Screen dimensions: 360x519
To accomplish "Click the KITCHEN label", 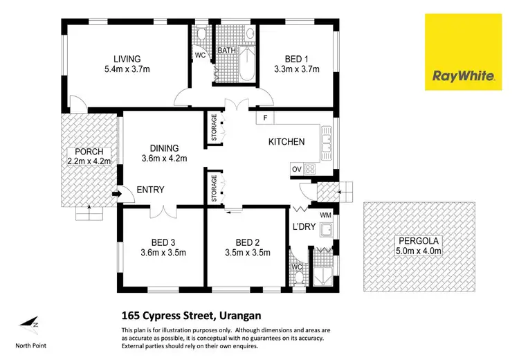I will (x=286, y=142).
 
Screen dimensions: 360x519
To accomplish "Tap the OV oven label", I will (x=296, y=169).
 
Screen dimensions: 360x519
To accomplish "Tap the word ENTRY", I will (x=150, y=190).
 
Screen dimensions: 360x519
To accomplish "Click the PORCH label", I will (x=86, y=152).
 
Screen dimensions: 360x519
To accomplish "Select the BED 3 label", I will (x=165, y=242).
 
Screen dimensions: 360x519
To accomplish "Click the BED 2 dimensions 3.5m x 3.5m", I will (x=247, y=252).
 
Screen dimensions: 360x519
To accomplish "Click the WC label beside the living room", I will (x=200, y=54).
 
